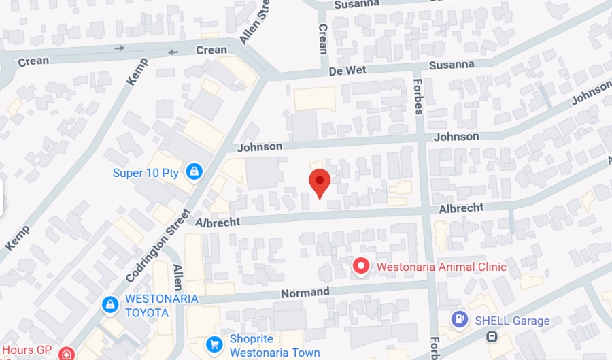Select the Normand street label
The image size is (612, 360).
305,293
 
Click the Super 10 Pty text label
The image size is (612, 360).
146,172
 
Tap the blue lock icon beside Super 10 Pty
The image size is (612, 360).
194,171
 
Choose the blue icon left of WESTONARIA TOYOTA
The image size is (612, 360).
109,306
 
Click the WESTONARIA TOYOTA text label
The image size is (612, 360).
161,306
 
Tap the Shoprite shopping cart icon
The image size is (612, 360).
215,345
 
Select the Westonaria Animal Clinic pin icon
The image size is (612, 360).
361,266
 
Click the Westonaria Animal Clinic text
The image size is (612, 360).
441,267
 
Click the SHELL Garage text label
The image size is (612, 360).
512,321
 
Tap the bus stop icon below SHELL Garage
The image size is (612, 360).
491,337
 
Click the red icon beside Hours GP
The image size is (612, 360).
66,353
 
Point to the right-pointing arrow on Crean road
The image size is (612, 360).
120,48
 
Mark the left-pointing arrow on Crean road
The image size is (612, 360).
173,52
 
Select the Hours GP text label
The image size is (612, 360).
27,350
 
